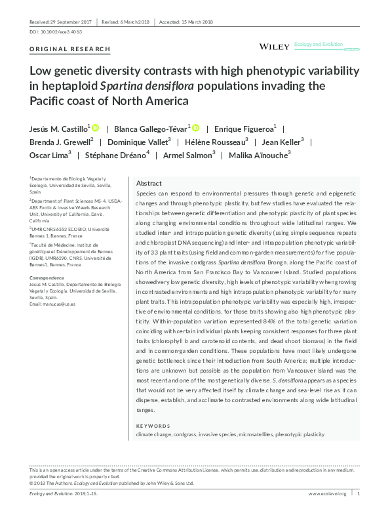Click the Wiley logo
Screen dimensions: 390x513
click(x=274, y=47)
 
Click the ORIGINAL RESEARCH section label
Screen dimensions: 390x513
click(x=70, y=50)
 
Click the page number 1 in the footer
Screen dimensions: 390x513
click(x=359, y=493)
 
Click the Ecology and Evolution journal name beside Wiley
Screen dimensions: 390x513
click(x=319, y=45)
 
